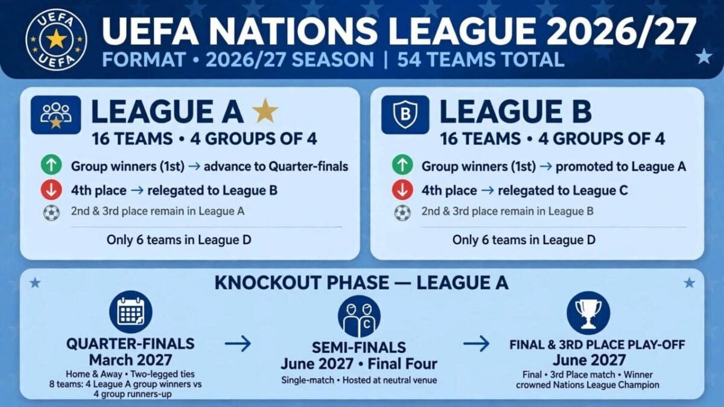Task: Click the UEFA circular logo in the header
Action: [x=56, y=40]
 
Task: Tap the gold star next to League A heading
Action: [x=265, y=111]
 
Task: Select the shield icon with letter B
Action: [x=405, y=115]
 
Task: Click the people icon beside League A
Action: [x=56, y=115]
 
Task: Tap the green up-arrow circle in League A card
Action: [x=51, y=165]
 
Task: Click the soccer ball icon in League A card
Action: [x=51, y=213]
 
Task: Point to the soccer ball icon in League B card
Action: [x=402, y=213]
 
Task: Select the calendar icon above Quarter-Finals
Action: [x=130, y=312]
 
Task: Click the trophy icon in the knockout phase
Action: [x=588, y=313]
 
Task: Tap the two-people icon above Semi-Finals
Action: [x=359, y=317]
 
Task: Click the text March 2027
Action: [x=130, y=360]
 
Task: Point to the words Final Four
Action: [x=402, y=364]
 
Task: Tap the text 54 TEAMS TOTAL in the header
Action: [x=481, y=60]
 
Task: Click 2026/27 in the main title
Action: [x=621, y=31]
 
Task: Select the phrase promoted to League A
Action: [x=621, y=166]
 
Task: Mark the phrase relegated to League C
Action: [x=563, y=191]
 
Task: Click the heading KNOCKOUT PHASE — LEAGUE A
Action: [x=361, y=283]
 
